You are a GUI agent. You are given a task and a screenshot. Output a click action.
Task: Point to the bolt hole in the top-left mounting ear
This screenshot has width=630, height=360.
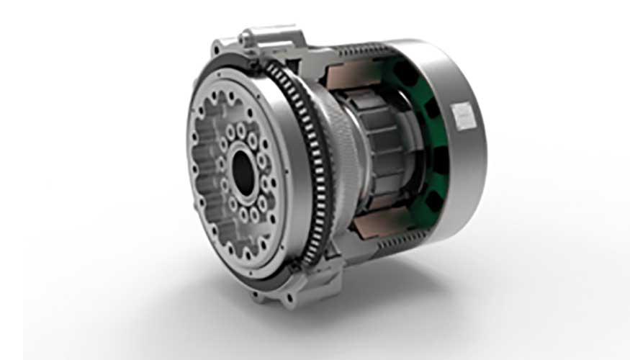216,49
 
